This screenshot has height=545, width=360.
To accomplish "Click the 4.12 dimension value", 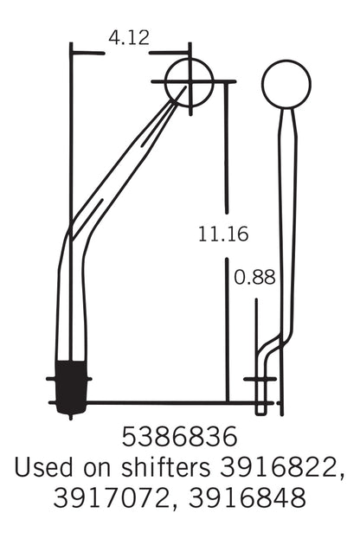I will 128,37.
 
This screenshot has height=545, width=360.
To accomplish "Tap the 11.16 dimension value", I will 222,233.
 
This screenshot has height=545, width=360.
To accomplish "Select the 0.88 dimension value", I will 254,278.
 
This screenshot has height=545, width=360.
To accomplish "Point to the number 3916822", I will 280,467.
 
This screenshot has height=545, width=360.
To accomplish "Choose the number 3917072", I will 106,499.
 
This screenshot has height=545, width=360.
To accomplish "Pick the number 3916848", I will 252,499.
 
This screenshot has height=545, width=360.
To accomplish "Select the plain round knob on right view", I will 286,84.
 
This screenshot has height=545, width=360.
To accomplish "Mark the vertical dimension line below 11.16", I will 227,329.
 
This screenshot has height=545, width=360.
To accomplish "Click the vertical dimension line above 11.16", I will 227,147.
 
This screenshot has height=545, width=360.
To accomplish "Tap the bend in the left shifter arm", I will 72,232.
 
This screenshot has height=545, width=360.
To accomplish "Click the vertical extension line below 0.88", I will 257,346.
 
